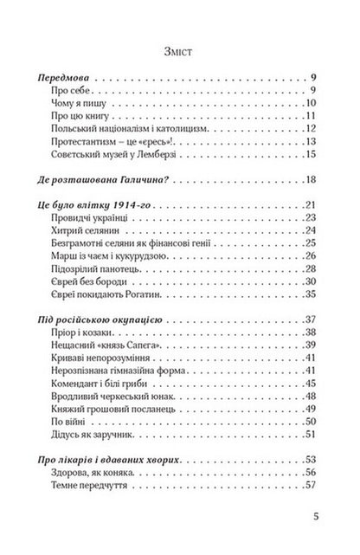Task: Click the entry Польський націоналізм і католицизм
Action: tap(116, 119)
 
